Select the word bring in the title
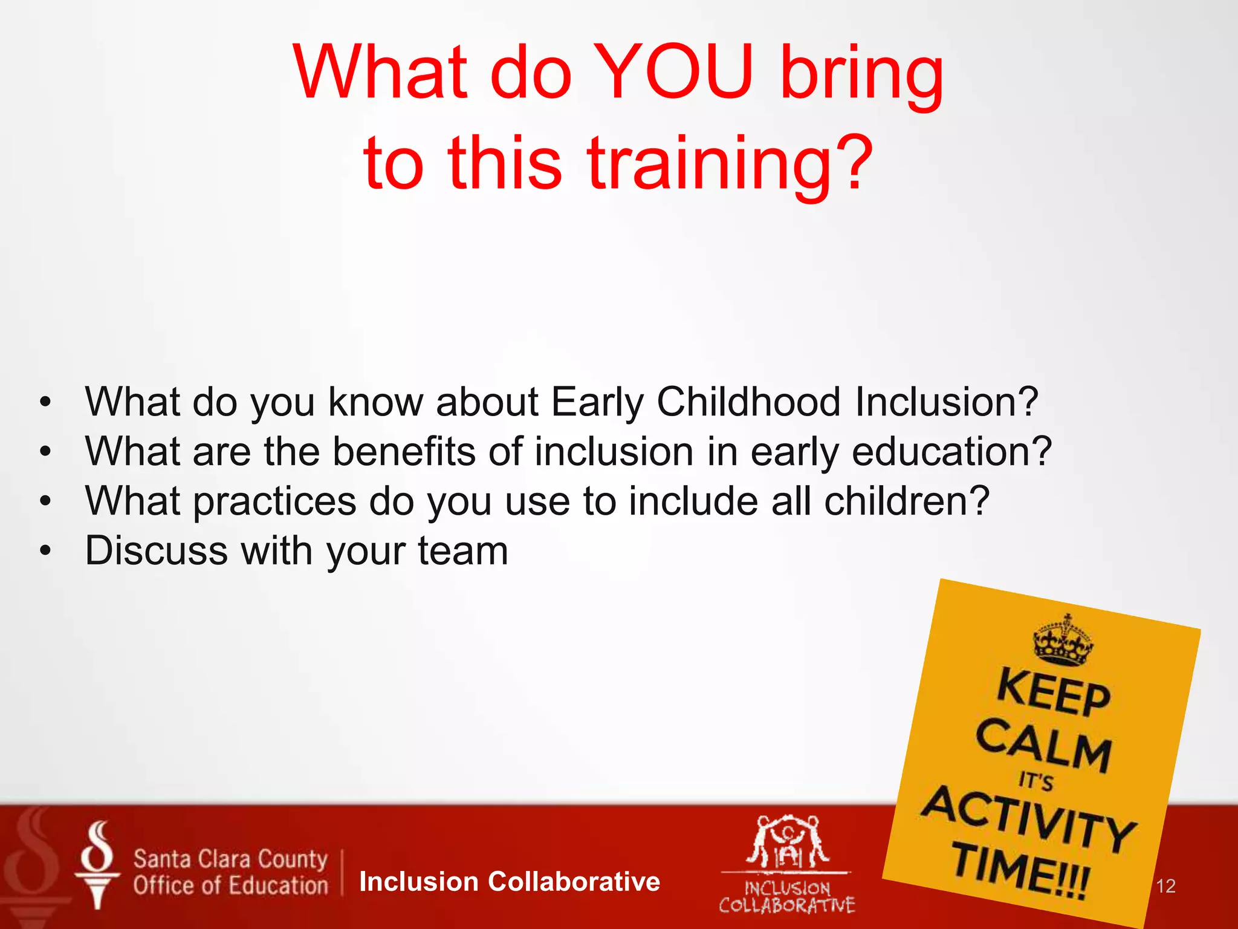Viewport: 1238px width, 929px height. point(861,76)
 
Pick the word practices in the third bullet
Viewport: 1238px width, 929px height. point(275,502)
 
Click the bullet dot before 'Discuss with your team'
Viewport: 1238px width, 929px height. point(45,551)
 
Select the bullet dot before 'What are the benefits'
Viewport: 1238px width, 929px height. point(45,452)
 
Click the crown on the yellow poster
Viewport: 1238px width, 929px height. point(1063,641)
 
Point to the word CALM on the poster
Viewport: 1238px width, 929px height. point(1044,746)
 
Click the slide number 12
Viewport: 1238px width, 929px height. point(1165,887)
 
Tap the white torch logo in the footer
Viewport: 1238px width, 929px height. point(97,865)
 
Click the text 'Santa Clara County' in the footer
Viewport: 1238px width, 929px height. point(230,859)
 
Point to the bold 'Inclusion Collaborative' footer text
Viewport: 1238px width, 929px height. point(509,882)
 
